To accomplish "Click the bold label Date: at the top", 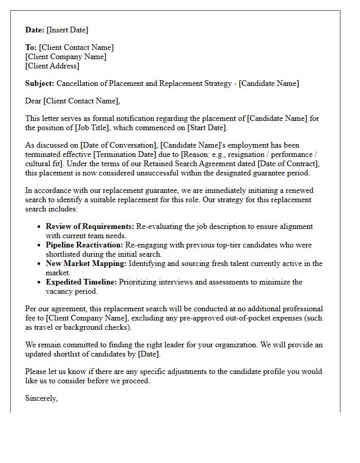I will click(x=35, y=30).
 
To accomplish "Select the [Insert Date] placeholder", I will click(x=68, y=30).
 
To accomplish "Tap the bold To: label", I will click(x=31, y=47).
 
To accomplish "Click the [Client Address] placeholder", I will click(x=52, y=66).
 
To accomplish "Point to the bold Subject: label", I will click(x=40, y=83).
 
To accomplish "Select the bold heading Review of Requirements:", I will click(x=90, y=226).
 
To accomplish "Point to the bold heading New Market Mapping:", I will click(x=86, y=263).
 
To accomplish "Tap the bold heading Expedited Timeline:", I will click(x=81, y=282).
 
